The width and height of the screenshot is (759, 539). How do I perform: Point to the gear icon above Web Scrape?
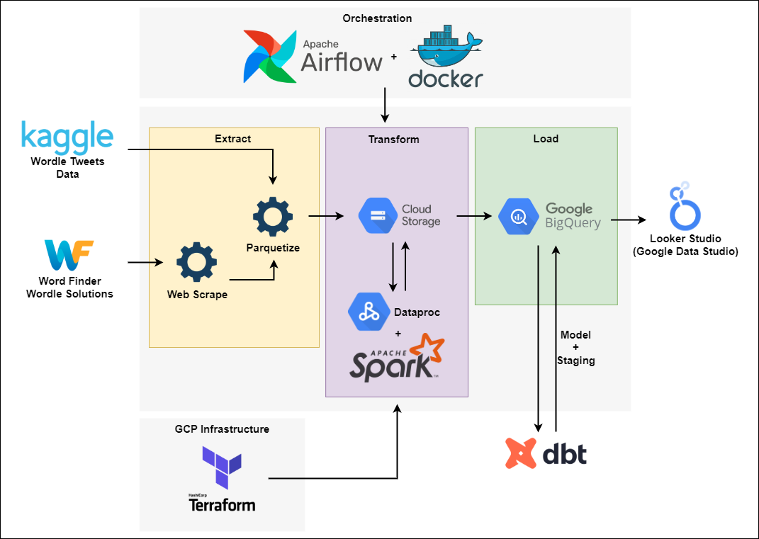[196, 261]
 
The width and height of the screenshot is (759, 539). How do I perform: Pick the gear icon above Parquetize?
[273, 217]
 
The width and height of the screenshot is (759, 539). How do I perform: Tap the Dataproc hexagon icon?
[367, 311]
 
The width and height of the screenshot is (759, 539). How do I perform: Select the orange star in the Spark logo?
[427, 349]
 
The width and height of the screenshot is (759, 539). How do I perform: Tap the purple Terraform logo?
[222, 467]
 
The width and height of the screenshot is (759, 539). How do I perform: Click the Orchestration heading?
[377, 18]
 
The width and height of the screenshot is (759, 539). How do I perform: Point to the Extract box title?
[233, 139]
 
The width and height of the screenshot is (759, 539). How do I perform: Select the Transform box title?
[393, 140]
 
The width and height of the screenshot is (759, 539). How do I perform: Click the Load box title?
[546, 139]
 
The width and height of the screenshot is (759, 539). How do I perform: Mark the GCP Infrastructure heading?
[222, 429]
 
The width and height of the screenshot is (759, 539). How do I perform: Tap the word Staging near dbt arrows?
[575, 361]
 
